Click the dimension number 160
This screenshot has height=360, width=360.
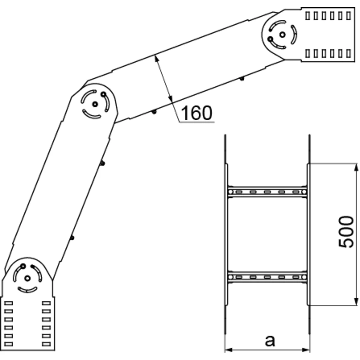[197, 113]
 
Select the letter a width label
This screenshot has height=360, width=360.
[270, 341]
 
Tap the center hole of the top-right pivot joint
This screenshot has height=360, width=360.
[282, 34]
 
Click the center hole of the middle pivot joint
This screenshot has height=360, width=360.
[95, 104]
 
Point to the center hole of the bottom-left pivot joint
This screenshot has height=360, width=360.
[27, 278]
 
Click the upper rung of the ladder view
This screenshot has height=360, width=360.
[267, 192]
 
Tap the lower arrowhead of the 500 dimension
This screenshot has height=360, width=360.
[356, 302]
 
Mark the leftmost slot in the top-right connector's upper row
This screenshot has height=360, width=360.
[307, 16]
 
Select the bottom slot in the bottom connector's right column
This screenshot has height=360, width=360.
[46, 343]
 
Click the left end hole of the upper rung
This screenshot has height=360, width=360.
[230, 192]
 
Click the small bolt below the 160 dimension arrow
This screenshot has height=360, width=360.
[154, 112]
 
